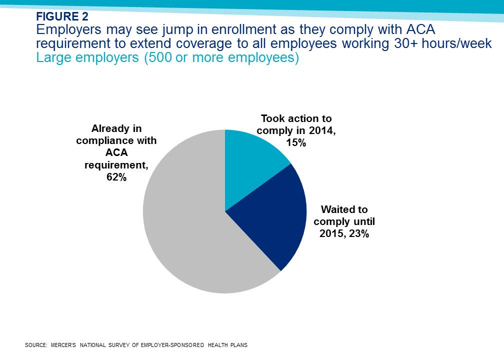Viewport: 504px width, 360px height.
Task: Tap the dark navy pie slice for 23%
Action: (x=276, y=218)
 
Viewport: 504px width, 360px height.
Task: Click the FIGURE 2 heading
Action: (x=62, y=16)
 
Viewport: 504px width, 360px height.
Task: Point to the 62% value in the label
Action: (x=116, y=177)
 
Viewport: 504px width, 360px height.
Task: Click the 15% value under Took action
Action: (x=296, y=142)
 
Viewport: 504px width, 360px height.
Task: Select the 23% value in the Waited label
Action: (x=358, y=233)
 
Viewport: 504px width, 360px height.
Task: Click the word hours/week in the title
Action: (x=457, y=43)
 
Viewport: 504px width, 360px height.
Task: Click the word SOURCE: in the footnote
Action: (x=36, y=345)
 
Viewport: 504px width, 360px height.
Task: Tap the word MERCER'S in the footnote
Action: (x=63, y=345)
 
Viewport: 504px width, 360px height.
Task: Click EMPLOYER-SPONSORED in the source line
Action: (x=172, y=345)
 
